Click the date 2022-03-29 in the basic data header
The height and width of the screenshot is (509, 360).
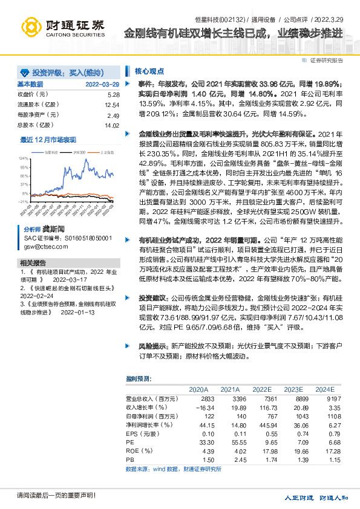tap(102, 83)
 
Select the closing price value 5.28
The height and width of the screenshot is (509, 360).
tap(113, 95)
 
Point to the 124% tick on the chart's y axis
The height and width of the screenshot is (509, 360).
tap(24, 157)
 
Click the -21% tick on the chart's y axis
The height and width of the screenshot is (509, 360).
tap(24, 201)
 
